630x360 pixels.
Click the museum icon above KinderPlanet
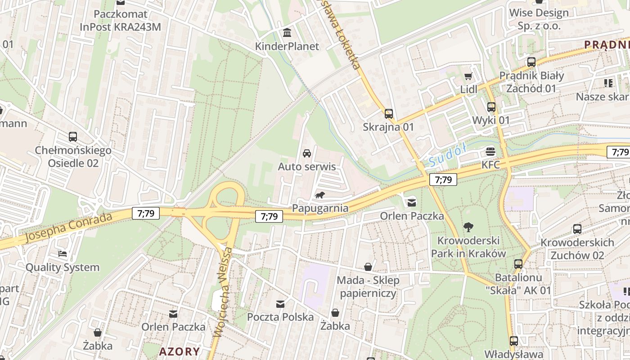click(287, 33)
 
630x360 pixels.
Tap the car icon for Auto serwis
click(307, 153)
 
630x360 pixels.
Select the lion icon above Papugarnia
click(320, 195)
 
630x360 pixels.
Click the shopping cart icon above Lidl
click(468, 76)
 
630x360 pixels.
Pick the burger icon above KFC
click(490, 152)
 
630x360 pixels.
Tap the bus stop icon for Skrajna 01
click(388, 114)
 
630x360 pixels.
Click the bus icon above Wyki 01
click(491, 107)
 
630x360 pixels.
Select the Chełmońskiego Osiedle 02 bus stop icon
click(73, 136)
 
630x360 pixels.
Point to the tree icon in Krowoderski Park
click(468, 227)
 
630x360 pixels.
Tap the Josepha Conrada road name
click(68, 227)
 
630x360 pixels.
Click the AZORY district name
click(179, 351)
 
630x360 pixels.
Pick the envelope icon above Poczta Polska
click(280, 304)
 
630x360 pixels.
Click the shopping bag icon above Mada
click(368, 267)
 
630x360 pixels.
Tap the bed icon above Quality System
click(62, 254)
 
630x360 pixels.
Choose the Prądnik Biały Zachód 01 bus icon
click(531, 62)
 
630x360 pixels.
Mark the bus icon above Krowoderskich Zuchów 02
click(577, 229)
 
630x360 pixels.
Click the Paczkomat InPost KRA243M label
click(120, 20)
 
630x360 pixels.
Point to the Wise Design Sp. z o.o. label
click(539, 19)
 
